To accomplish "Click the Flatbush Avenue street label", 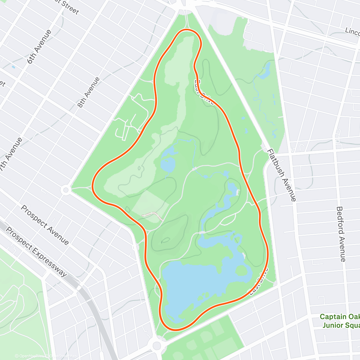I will point(281,175).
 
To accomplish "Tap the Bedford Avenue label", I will point(341,234).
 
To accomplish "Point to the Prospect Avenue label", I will point(45,225).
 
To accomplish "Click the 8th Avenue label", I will point(88,92).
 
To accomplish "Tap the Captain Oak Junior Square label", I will point(340,321).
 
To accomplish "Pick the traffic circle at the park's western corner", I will point(66,190).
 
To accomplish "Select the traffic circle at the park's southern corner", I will point(157,346).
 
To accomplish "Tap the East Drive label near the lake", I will point(257,282).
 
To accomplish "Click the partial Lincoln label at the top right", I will point(352,31).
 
